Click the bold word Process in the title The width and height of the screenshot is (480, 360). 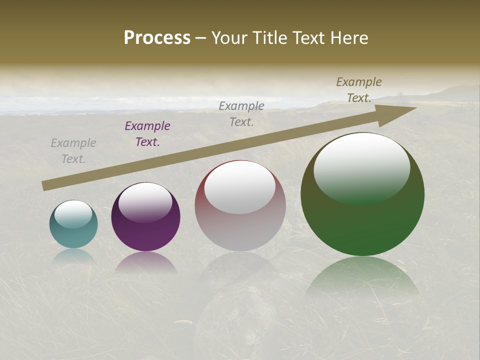coord(157,38)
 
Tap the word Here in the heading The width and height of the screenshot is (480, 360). coord(348,38)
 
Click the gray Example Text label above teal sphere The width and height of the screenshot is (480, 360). coord(73,151)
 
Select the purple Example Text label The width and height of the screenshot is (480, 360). coord(147,134)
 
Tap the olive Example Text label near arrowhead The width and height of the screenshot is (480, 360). coord(359,90)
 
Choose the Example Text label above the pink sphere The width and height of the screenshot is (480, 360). coord(241,113)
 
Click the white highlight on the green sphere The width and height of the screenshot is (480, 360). coord(361,167)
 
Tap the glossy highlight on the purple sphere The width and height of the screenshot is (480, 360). coord(145,202)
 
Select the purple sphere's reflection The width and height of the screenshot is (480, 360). coord(145,262)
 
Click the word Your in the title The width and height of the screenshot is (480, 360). coord(228,38)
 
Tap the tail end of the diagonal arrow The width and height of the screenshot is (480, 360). coord(45,186)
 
